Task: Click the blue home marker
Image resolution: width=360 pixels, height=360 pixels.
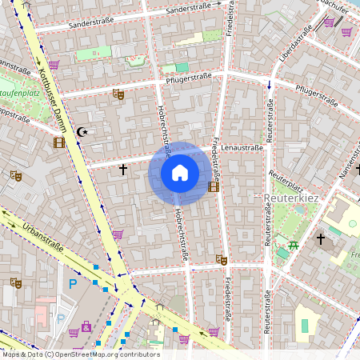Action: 180,172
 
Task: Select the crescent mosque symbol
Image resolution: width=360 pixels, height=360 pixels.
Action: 81,130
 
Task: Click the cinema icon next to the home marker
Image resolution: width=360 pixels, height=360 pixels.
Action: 213,186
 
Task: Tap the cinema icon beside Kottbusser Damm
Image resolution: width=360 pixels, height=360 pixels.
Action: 59,143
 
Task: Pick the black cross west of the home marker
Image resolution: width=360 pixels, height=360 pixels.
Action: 122,170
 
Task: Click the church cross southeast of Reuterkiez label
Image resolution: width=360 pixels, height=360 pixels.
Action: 321,238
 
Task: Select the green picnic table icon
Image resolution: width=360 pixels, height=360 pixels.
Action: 294,245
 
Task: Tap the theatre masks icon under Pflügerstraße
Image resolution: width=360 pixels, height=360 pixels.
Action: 118,94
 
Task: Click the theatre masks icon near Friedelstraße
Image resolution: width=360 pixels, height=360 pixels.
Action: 221,259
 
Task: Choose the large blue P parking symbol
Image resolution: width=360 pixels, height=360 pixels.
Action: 74,283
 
